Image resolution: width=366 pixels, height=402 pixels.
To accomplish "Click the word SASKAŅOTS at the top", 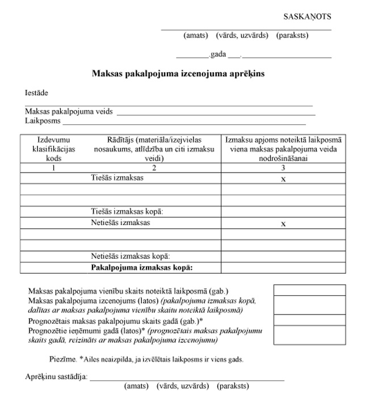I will coord(307,16).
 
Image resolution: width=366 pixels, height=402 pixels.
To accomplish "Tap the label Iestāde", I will coord(36,93).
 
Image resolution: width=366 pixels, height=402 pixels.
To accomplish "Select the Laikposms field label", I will coord(43,121).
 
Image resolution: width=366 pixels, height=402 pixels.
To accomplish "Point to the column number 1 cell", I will coord(53,168).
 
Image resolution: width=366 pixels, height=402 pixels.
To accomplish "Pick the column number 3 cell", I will coord(283,168).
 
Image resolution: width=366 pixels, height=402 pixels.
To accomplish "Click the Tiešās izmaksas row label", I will coord(117,178).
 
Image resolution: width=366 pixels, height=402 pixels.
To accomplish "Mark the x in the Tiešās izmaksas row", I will coord(283,179).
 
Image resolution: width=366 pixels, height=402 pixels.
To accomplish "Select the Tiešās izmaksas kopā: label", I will coord(127,211).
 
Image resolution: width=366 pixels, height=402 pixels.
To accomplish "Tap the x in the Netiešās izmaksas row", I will coord(283,224).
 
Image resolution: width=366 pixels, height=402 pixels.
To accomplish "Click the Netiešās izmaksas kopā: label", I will coord(131,256).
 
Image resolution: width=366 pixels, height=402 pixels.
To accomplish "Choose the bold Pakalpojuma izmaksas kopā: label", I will coord(142,267).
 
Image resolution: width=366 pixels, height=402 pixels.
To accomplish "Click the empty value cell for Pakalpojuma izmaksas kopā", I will coord(283,267).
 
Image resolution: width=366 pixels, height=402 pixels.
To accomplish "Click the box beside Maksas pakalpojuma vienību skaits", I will coord(309,290).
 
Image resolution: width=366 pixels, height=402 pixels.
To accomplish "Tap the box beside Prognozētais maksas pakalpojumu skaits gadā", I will coord(309,320).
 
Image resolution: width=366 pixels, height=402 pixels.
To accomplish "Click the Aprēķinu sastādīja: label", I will coord(56,377).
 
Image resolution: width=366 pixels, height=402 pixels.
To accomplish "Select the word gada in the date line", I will coord(218,55).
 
